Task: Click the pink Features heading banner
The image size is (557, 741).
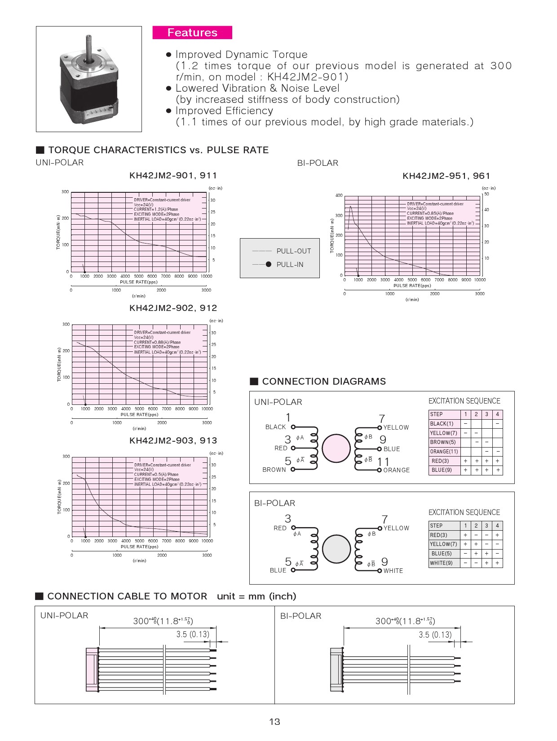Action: point(192,33)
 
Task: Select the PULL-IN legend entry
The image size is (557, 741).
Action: point(290,265)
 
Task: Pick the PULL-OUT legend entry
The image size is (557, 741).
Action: point(293,251)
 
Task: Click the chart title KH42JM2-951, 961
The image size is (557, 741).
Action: point(446,176)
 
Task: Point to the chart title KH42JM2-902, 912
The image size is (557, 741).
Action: point(173,308)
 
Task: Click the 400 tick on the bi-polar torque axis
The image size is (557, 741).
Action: point(339,195)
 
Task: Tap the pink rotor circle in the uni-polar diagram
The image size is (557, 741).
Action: point(336,448)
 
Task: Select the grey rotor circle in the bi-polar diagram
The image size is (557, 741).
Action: point(336,549)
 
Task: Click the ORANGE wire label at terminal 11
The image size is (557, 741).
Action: point(396,470)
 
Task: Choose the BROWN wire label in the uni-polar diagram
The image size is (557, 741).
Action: point(274,470)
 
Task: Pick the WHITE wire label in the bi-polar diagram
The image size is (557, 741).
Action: point(393,571)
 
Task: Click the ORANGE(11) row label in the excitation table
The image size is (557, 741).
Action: point(444,452)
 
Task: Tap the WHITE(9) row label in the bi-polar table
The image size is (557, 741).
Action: point(442,563)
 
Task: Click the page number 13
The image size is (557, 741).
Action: point(274,722)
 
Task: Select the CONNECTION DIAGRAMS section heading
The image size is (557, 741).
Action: point(323,382)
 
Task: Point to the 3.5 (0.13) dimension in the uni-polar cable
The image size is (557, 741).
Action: point(193,635)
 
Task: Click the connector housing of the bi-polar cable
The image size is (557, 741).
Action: point(336,670)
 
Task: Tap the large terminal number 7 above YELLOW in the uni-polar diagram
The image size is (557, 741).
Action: point(382,418)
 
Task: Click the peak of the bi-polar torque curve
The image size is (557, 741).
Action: point(350,206)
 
